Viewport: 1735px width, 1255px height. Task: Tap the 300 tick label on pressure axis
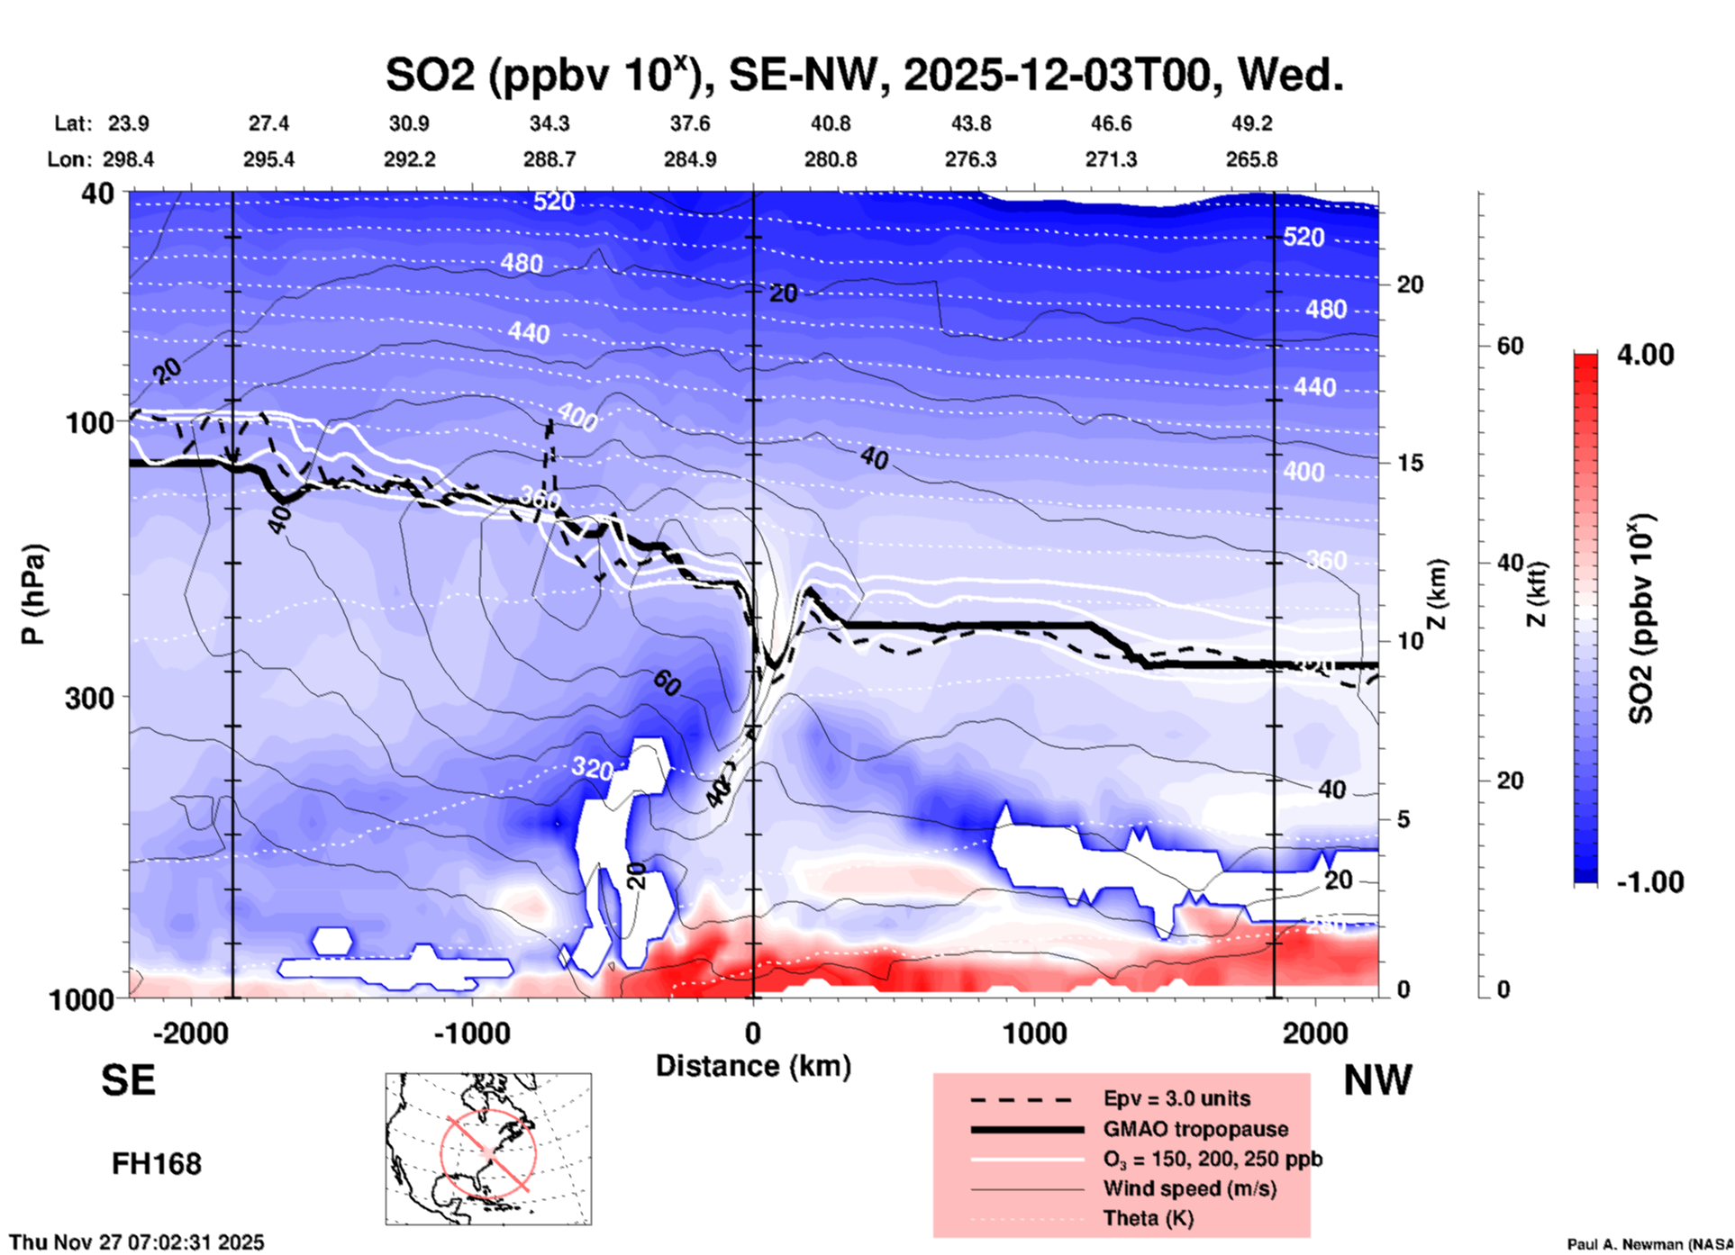90,698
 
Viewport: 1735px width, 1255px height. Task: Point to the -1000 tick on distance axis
471,1034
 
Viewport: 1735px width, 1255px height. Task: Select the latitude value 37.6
689,123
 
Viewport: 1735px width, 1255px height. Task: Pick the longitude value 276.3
970,159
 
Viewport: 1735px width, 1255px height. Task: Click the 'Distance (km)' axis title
753,1066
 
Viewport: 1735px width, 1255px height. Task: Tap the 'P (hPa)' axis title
33,594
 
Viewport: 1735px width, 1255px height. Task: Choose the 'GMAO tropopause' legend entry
1195,1129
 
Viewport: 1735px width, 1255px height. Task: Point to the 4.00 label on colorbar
1645,355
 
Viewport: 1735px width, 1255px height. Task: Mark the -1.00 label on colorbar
1649,882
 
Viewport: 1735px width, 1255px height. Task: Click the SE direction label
128,1080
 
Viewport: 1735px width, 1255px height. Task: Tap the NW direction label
1377,1080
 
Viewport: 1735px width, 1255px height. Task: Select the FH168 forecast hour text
157,1164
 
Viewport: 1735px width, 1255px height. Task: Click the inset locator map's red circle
488,1151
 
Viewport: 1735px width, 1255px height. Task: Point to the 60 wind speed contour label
667,684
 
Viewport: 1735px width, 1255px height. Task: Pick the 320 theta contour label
592,768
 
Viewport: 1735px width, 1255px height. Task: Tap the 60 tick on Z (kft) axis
1510,346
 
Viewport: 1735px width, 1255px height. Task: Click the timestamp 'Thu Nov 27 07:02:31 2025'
137,1242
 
